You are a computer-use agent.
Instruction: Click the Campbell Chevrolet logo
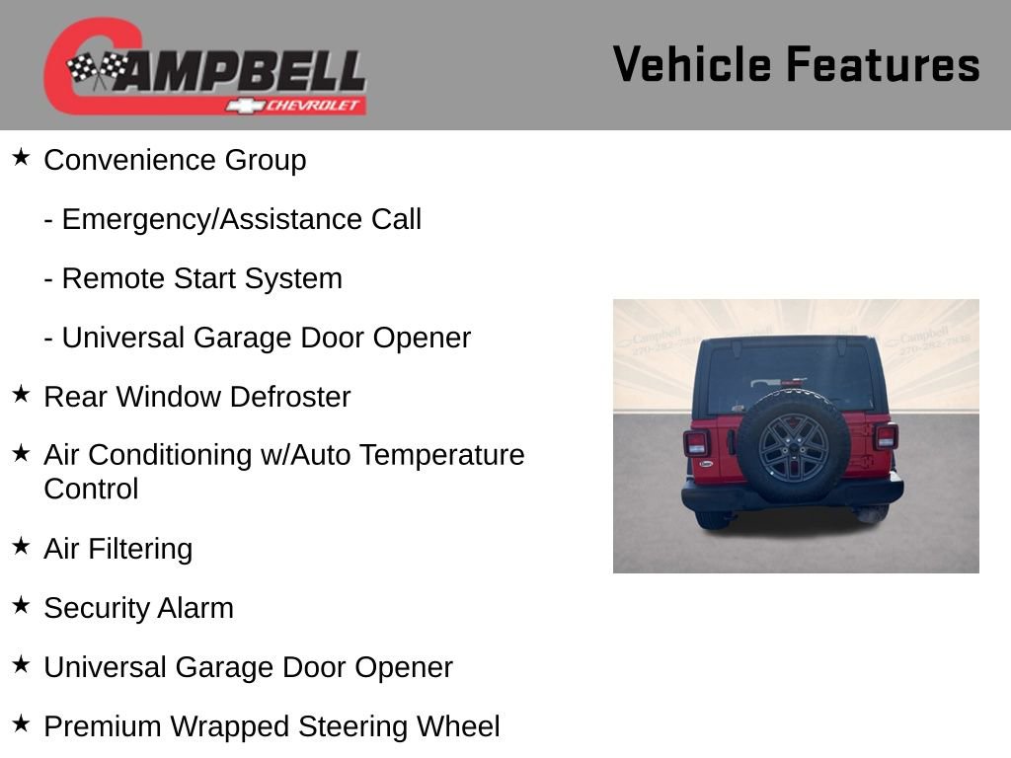point(205,67)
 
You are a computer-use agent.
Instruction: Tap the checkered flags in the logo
point(97,69)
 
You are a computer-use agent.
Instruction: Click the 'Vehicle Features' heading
point(796,65)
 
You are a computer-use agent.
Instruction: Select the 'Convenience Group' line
point(175,160)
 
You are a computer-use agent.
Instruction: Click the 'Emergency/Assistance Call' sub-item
point(233,219)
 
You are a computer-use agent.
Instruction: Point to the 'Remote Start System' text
point(194,278)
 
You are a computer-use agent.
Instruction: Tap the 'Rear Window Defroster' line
point(196,397)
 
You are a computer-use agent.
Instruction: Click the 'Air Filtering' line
point(117,549)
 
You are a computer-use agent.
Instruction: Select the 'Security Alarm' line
point(138,608)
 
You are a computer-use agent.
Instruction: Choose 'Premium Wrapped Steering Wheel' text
point(272,726)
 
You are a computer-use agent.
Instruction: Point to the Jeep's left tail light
point(696,442)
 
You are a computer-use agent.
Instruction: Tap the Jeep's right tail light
point(886,436)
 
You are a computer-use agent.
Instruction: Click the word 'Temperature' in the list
point(441,455)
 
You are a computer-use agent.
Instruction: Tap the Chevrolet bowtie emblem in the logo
point(238,106)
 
